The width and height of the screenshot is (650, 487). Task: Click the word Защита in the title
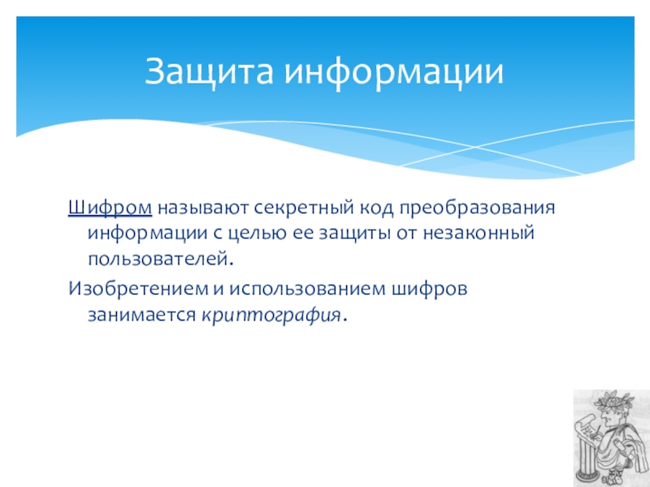point(209,71)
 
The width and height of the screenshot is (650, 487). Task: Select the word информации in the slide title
point(394,71)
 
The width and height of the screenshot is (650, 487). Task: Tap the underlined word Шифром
point(110,208)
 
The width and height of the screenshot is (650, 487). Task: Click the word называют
point(202,208)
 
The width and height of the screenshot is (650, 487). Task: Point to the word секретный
point(303,208)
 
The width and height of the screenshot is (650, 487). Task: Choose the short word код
point(376,208)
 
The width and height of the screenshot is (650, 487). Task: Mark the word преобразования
point(477,208)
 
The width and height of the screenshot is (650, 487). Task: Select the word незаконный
point(479,232)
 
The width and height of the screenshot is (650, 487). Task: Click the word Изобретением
point(138,288)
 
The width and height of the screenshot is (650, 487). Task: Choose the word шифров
point(430,288)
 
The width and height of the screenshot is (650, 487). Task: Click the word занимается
point(141,315)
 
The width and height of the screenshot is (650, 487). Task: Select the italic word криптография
point(271,315)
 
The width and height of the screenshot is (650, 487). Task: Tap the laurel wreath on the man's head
point(613,400)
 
